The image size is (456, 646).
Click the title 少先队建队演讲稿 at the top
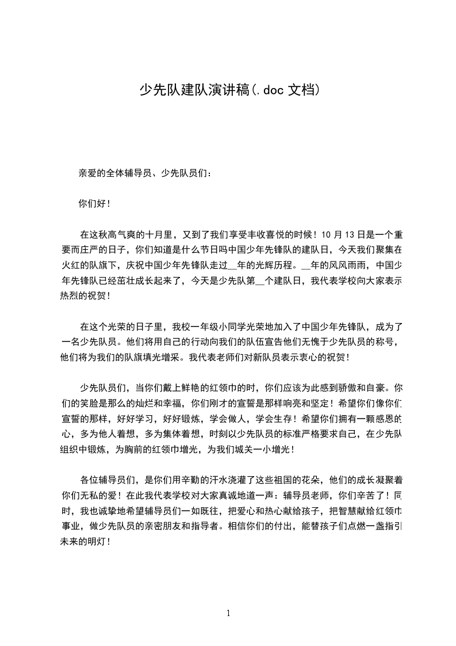(x=196, y=90)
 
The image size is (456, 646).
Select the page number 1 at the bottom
(x=228, y=613)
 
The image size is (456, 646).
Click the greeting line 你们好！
(x=94, y=203)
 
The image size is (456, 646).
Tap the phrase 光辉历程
(x=273, y=266)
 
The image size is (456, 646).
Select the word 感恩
(x=382, y=419)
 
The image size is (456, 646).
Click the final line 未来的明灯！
(x=84, y=542)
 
